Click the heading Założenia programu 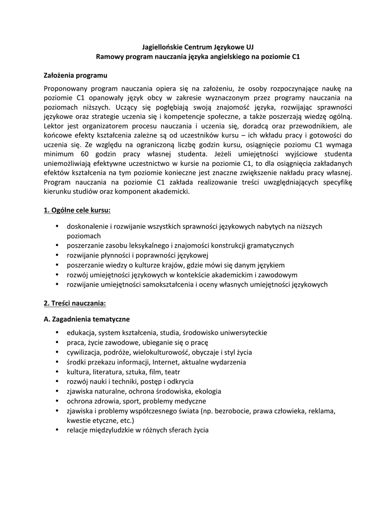76,76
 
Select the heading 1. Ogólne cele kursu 77,210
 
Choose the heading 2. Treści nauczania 75,303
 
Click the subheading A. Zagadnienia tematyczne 87,319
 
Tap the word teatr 172,372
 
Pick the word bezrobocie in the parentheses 235,411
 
